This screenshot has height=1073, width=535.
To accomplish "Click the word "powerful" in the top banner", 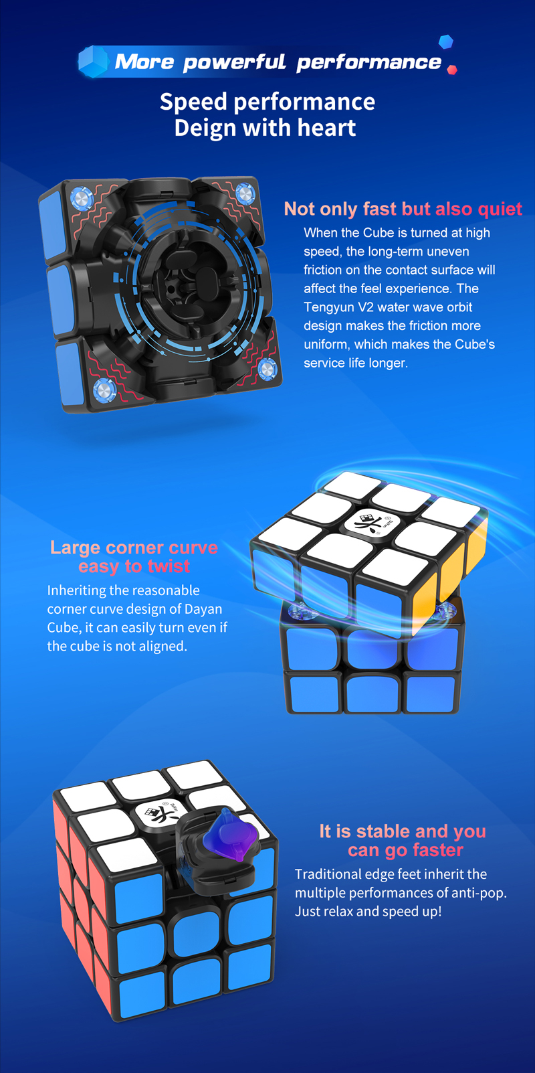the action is click(x=234, y=62).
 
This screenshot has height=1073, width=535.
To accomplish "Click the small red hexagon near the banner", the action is click(x=451, y=70).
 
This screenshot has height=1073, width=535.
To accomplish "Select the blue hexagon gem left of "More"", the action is click(x=94, y=62).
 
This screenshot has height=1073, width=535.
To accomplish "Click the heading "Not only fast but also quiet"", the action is click(x=403, y=209).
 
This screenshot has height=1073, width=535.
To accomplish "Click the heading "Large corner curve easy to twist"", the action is click(x=134, y=557).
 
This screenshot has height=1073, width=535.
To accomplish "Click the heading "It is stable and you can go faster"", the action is click(x=403, y=840).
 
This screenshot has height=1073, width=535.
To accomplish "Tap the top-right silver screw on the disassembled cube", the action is click(x=245, y=194).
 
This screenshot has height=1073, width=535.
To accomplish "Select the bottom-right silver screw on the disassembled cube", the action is click(x=267, y=369).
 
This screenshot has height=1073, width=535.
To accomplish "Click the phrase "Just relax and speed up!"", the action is click(x=368, y=911).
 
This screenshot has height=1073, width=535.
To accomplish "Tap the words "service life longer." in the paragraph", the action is click(x=356, y=363).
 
